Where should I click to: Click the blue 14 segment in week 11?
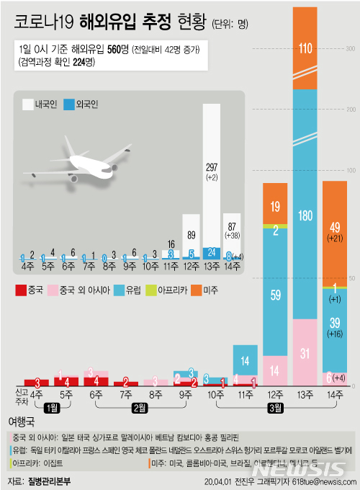click(245, 360)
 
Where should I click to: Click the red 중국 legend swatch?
click(22, 290)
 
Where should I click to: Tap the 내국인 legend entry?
click(40, 104)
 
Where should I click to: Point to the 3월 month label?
click(275, 408)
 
